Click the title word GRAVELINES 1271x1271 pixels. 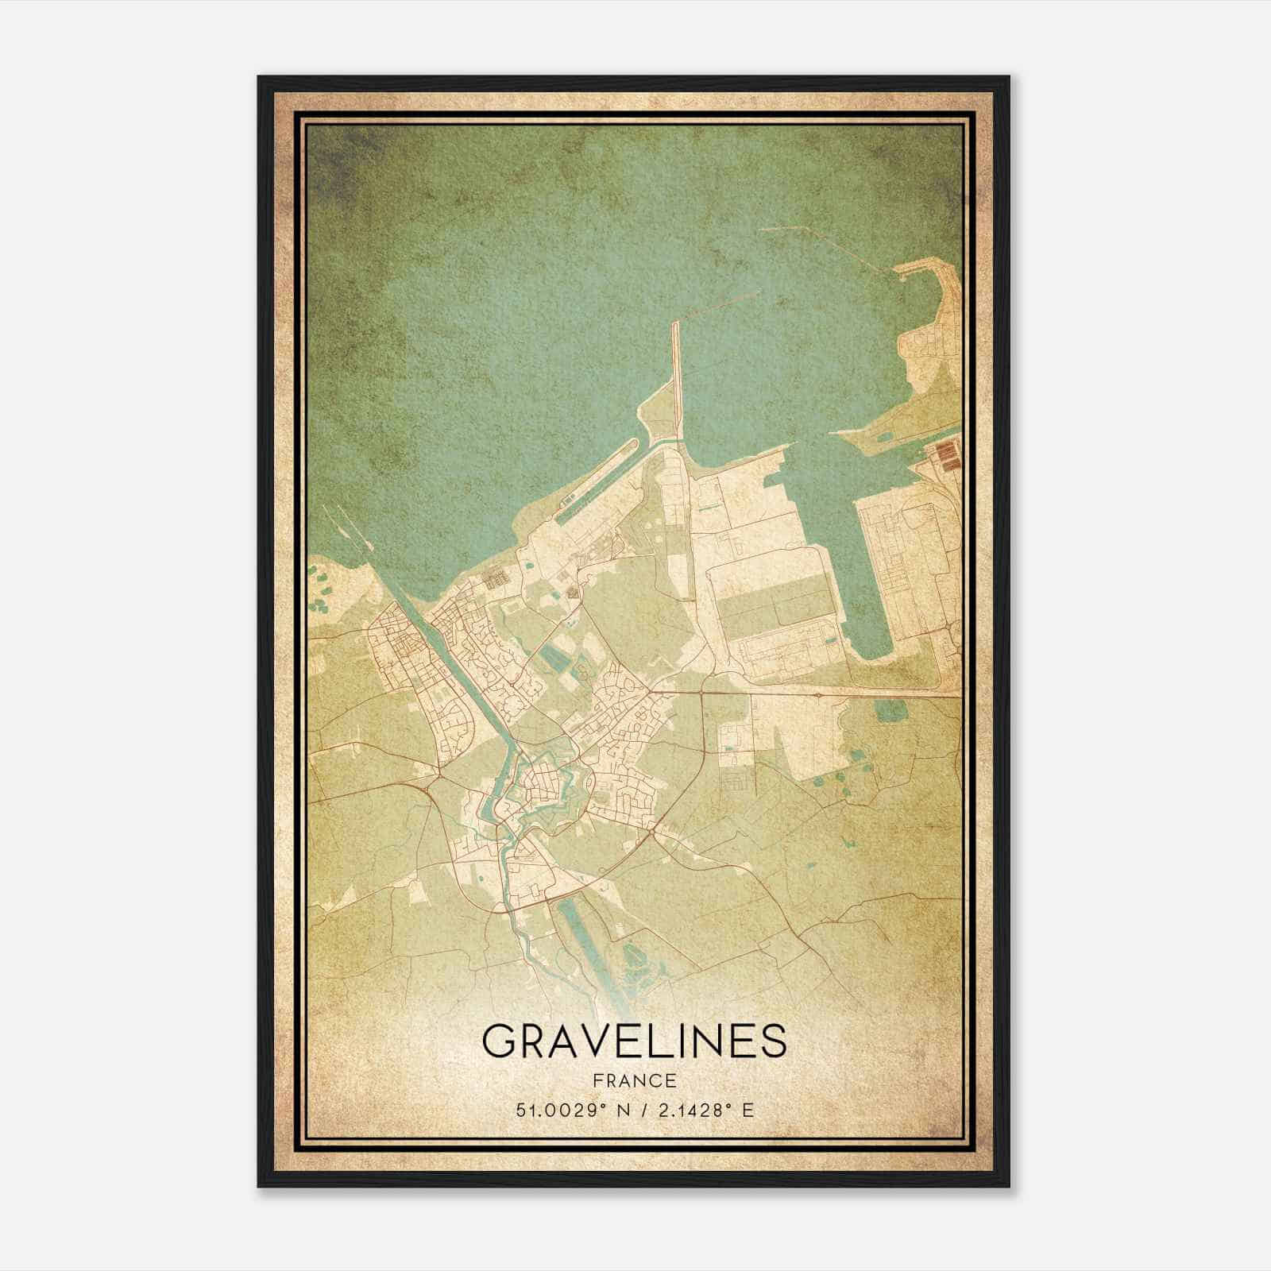[634, 1041]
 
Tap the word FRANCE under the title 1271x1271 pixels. [634, 1080]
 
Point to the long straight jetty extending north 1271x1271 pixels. [676, 373]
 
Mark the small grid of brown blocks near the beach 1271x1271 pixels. [496, 578]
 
